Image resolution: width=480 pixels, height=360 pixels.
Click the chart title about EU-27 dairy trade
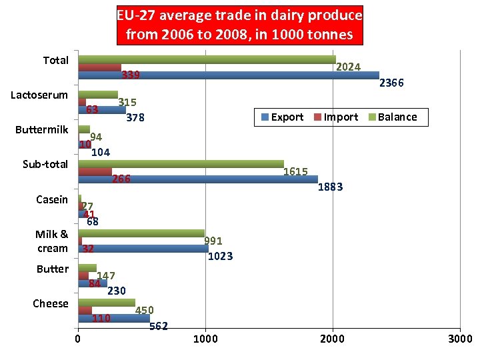(x=239, y=24)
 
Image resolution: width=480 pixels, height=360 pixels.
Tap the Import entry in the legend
(x=335, y=117)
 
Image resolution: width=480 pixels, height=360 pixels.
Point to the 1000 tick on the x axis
(x=205, y=339)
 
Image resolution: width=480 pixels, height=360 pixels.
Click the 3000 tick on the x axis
(x=460, y=339)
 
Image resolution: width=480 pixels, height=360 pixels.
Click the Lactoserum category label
(x=39, y=95)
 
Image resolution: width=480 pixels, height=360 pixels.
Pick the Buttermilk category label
(x=42, y=129)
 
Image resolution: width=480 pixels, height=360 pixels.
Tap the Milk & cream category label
(x=52, y=241)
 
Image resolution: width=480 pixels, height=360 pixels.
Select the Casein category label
(x=52, y=199)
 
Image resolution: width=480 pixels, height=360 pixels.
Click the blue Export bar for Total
(x=228, y=75)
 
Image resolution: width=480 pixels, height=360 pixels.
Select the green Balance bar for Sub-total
(x=181, y=164)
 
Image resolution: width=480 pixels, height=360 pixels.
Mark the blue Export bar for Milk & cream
(x=143, y=249)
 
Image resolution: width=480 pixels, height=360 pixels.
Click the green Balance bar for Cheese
(x=107, y=303)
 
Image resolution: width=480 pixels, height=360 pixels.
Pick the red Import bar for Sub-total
(x=95, y=172)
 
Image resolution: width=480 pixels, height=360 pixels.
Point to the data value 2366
(x=391, y=83)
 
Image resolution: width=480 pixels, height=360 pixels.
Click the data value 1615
(x=295, y=172)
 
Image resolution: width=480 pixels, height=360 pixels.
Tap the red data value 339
(x=131, y=75)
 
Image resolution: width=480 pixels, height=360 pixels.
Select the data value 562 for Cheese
(x=159, y=326)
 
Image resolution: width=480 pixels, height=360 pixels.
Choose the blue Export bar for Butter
(x=92, y=283)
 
